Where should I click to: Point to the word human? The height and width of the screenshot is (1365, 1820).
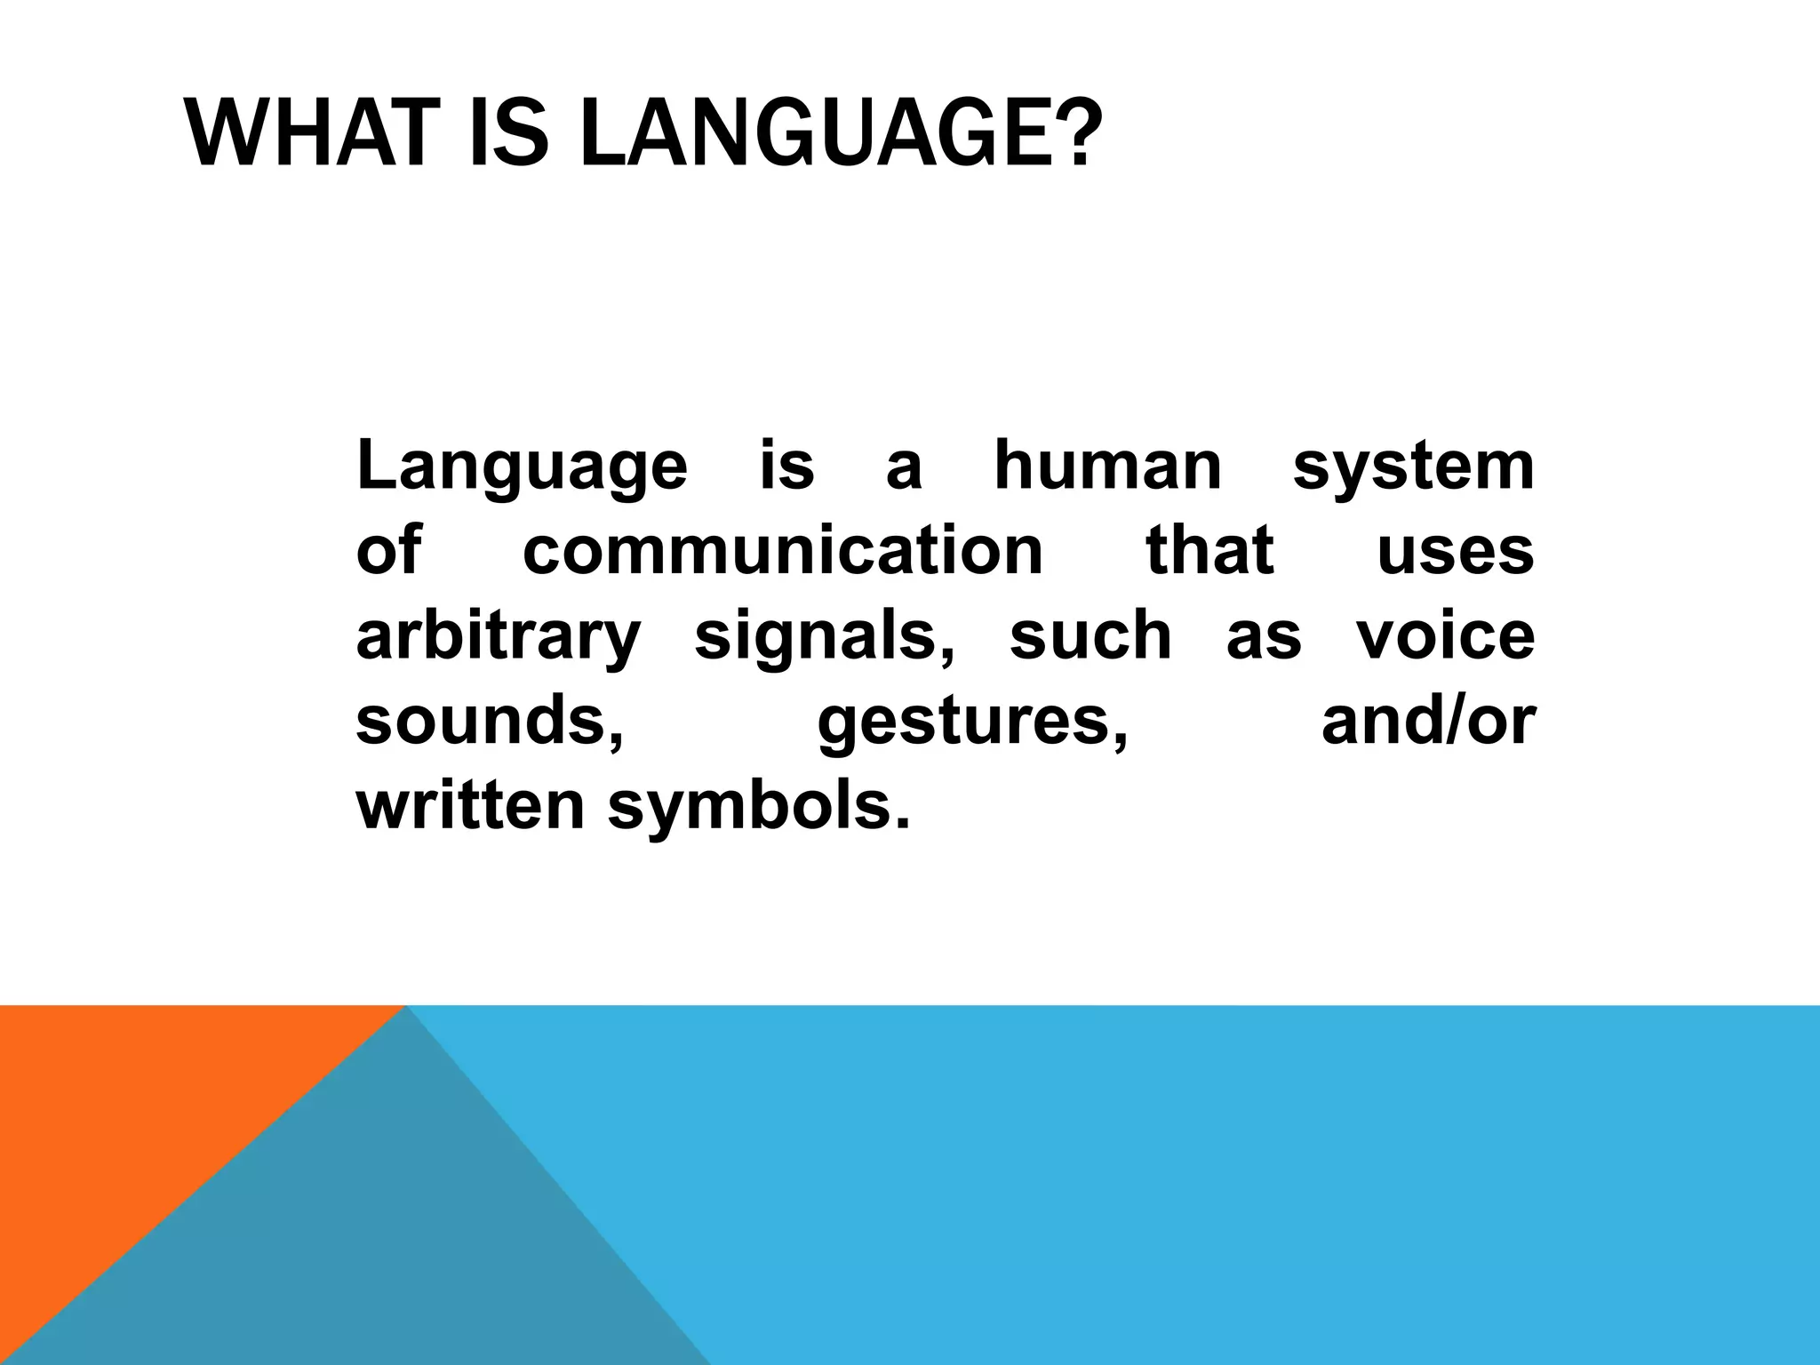tap(1107, 466)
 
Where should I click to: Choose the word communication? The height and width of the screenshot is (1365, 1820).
tap(782, 550)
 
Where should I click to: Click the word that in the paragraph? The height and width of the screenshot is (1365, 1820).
tap(1209, 550)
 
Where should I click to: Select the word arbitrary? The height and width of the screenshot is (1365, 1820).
tap(498, 638)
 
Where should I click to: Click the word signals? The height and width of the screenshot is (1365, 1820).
tap(824, 638)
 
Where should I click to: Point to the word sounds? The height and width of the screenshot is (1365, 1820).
tap(489, 721)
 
